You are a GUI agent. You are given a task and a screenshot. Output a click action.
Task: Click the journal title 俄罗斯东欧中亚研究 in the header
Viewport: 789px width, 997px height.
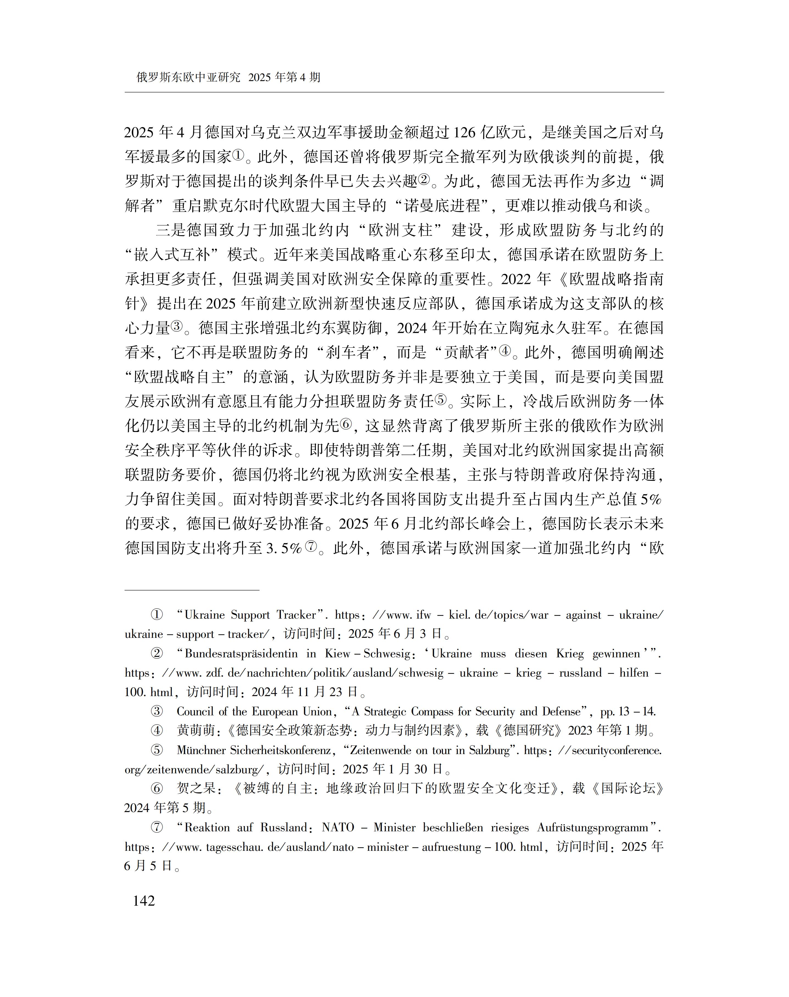point(188,77)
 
